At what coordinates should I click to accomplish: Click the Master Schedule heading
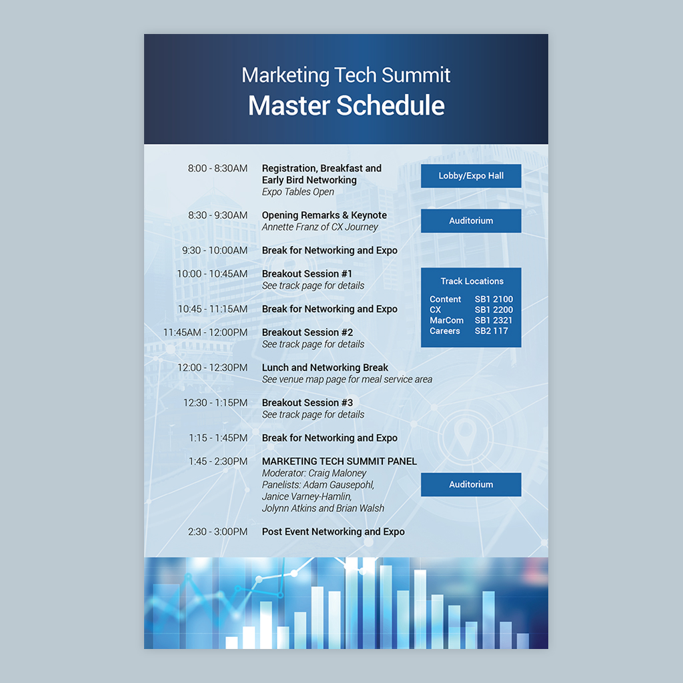pos(346,106)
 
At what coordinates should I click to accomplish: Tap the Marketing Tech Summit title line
pos(346,75)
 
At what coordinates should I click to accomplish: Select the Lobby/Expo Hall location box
pos(471,176)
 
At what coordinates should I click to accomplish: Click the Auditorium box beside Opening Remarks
pos(471,221)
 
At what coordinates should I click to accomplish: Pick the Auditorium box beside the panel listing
pos(471,484)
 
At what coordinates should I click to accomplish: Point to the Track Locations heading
pos(472,281)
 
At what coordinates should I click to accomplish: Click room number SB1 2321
pos(494,321)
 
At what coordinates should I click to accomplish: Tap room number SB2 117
pos(492,331)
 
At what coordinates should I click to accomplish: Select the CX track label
pos(435,310)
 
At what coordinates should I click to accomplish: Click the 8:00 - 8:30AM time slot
pos(217,169)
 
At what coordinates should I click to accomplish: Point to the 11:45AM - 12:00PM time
pos(205,333)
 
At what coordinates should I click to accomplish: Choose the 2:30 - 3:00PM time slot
pos(217,532)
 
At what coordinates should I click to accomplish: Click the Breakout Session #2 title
pos(307,333)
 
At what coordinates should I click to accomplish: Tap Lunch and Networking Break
pos(325,368)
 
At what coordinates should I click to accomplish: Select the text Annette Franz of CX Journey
pos(319,227)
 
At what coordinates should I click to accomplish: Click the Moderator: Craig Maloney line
pos(314,474)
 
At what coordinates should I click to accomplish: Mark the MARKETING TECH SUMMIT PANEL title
pos(339,462)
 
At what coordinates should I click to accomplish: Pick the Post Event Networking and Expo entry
pos(333,532)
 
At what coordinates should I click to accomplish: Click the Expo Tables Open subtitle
pos(298,192)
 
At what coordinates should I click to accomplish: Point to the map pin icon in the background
pos(465,436)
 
